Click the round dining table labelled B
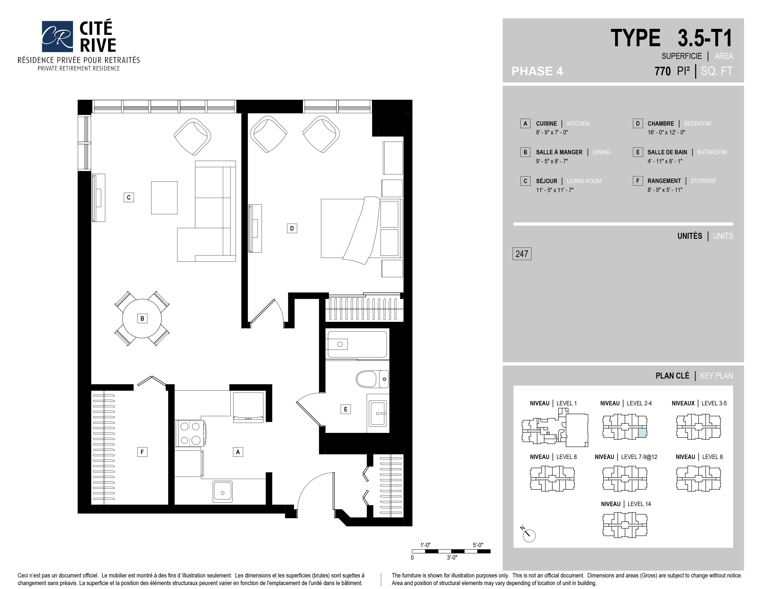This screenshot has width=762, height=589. (142, 318)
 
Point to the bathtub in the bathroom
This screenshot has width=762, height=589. (357, 344)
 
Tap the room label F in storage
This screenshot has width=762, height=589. (142, 452)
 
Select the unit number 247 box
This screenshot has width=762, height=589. (522, 254)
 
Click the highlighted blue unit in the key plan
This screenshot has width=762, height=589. (642, 433)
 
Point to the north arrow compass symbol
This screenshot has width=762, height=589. (528, 534)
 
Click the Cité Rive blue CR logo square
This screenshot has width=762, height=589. (57, 36)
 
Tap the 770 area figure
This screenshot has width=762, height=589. (662, 71)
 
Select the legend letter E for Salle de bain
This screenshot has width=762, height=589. (638, 152)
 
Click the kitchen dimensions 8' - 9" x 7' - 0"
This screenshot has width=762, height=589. (552, 133)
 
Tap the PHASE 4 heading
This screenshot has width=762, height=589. (537, 71)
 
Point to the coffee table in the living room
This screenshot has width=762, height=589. (164, 197)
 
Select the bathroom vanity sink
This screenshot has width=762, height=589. (378, 413)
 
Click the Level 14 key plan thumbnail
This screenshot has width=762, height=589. (625, 525)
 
